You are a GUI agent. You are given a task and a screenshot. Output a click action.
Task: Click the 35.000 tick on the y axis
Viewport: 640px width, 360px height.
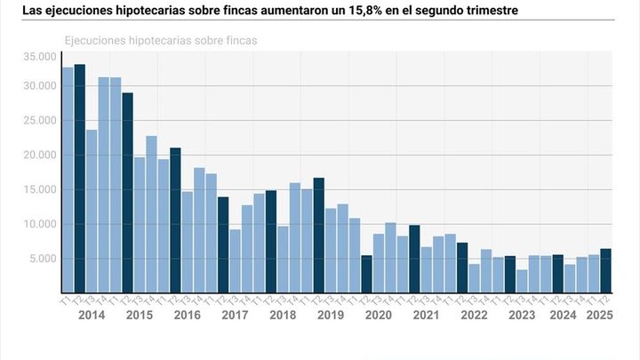pos(42,57)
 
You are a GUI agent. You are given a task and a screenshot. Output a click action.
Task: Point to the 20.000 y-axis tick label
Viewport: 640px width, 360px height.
pos(42,155)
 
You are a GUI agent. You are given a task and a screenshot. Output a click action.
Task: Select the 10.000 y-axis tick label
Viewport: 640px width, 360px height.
pos(42,224)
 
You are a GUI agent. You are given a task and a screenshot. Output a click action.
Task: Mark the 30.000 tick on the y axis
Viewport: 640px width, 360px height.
pos(42,86)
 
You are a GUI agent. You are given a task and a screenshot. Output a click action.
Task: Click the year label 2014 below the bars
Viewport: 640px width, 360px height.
pos(92,315)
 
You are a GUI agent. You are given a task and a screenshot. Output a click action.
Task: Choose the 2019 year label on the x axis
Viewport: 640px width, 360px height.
pos(331,315)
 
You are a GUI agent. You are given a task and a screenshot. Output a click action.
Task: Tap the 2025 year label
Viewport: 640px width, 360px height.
pos(598,315)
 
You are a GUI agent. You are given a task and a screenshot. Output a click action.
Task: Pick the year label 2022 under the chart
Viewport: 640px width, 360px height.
pos(474,315)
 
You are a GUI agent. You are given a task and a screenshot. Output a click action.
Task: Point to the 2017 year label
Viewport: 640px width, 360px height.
pos(235,315)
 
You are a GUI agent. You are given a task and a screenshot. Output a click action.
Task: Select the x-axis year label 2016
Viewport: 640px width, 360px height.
pos(187,315)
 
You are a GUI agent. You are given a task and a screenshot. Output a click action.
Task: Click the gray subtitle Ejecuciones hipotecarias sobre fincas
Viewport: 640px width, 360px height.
pos(167,41)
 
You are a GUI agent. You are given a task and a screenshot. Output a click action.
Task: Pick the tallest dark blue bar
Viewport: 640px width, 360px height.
pos(79,178)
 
